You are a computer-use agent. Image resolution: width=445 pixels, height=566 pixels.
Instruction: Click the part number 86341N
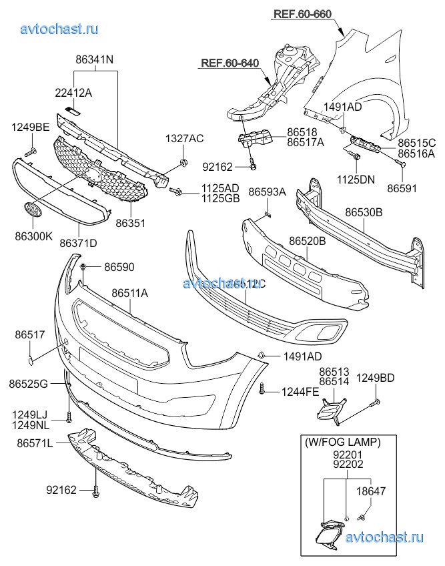pos(94,59)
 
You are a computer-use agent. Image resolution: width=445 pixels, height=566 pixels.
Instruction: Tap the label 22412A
pos(74,93)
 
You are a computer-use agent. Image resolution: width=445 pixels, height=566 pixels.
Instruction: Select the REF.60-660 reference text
pos(302,14)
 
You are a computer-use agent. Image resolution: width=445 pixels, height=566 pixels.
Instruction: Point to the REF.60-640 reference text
pos(229,64)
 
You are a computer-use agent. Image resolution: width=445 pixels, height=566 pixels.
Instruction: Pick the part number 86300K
pos(29,234)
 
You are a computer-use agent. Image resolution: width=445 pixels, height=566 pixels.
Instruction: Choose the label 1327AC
pos(184,138)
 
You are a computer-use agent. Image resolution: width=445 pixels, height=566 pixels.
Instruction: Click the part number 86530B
pos(364,213)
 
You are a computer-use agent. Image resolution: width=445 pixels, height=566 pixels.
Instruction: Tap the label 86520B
pos(307,241)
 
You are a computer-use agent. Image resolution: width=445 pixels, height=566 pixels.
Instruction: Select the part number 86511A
pos(129,293)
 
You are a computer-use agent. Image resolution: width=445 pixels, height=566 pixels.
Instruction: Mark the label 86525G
pos(29,384)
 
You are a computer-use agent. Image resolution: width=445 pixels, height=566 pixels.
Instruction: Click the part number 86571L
pos(34,443)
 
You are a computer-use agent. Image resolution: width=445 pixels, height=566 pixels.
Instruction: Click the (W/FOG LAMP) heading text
pos(343,442)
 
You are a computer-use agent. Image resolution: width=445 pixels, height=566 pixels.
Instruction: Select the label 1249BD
pos(374,378)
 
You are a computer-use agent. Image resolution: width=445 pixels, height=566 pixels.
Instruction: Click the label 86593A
pos(267,192)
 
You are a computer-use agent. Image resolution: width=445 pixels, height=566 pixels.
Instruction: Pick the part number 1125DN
pos(356,179)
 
